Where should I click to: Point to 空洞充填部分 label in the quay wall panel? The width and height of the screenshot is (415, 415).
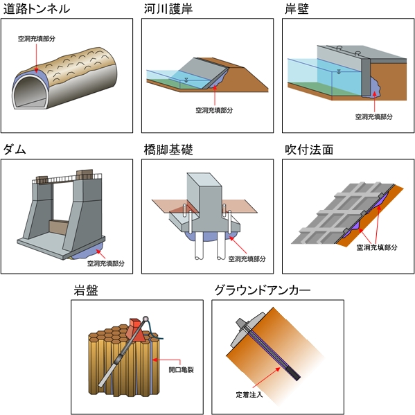coord(374,117)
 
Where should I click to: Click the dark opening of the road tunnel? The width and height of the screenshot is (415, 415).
coord(32,91)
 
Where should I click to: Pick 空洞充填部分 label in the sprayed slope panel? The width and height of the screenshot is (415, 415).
coord(374,246)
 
